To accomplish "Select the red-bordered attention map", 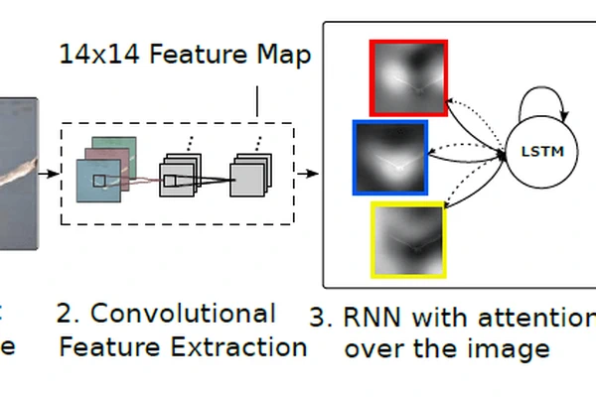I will [x=408, y=77].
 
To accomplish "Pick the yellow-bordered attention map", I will [x=408, y=238].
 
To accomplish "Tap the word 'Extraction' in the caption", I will [x=248, y=347].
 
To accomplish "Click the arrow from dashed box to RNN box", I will [x=310, y=174].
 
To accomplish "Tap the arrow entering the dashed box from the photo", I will [x=49, y=174].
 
